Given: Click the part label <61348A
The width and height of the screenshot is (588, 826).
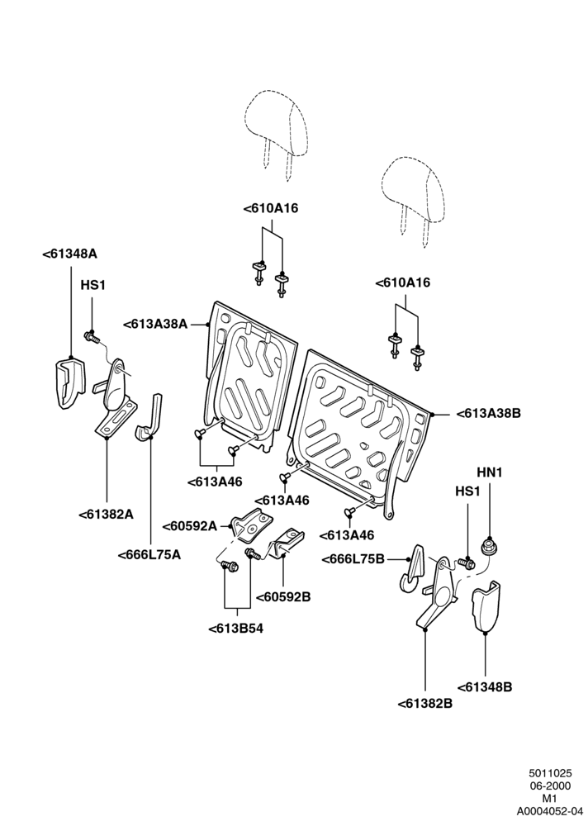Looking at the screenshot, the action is [69, 254].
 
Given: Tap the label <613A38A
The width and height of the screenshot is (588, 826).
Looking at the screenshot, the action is [155, 324].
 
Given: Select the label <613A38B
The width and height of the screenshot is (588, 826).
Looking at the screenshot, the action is [488, 414].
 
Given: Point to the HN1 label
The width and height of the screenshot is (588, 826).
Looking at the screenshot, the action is [490, 472].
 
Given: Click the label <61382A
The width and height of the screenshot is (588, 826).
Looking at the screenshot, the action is [106, 515].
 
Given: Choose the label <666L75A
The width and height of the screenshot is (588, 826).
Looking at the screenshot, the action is [149, 555].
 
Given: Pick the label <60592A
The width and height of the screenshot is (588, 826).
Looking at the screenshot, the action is [190, 525].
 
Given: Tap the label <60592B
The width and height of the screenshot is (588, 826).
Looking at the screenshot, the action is [283, 597].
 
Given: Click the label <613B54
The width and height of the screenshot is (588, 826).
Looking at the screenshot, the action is [235, 629].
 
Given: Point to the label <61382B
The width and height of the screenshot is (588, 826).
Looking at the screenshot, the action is [424, 703].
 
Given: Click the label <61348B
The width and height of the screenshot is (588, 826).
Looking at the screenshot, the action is [484, 687].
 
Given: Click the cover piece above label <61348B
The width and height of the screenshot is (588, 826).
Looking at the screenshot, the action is [486, 605].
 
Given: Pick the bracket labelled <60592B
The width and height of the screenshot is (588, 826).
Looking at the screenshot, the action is [287, 544].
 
